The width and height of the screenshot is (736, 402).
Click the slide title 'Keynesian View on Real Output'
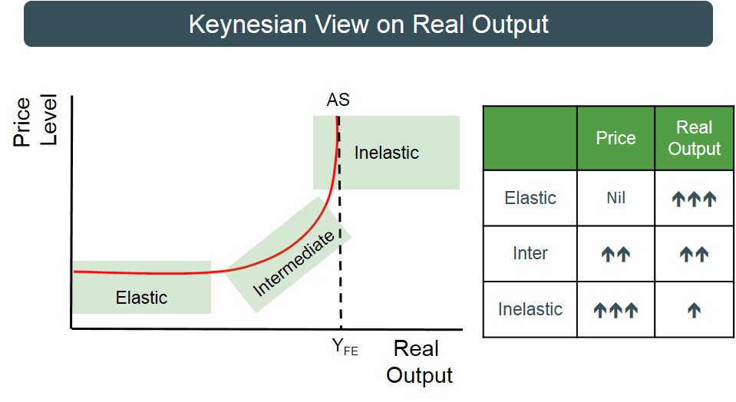click(368, 25)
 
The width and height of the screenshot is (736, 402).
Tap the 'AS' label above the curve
click(338, 100)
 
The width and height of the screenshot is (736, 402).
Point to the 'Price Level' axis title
click(35, 120)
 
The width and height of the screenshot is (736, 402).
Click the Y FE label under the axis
click(345, 347)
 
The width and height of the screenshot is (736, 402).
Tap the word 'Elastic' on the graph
click(141, 298)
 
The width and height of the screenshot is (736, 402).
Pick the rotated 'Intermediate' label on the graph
click(294, 263)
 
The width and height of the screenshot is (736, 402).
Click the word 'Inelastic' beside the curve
click(386, 153)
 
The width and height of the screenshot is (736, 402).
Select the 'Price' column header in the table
click(616, 138)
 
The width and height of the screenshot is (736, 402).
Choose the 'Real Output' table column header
click(694, 137)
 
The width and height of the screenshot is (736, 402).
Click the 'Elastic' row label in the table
click(530, 198)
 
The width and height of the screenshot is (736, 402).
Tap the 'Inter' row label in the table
click(530, 253)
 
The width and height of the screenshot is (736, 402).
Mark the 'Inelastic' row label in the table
click(530, 309)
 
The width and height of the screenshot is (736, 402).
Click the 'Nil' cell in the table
click(616, 198)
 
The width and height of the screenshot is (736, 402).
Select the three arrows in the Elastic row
click(694, 199)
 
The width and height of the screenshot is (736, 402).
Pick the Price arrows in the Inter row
click(616, 254)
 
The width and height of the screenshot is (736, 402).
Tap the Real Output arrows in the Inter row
click(694, 254)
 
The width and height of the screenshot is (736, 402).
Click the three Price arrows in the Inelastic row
click(616, 310)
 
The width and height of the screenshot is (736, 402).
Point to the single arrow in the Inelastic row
click(694, 310)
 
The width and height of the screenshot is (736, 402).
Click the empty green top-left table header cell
click(530, 138)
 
